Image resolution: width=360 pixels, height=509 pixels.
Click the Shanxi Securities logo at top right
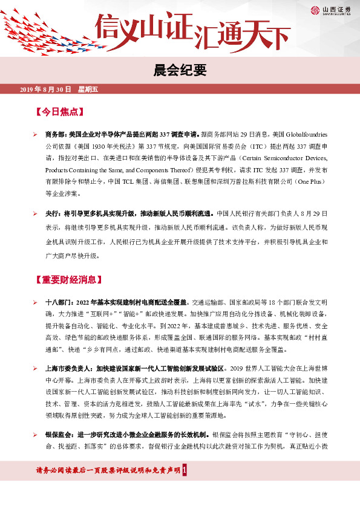point(332,10)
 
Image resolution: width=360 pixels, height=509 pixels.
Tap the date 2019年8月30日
point(46,89)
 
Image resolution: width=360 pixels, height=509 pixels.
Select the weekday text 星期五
point(88,89)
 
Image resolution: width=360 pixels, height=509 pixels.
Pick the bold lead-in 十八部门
point(59,301)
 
